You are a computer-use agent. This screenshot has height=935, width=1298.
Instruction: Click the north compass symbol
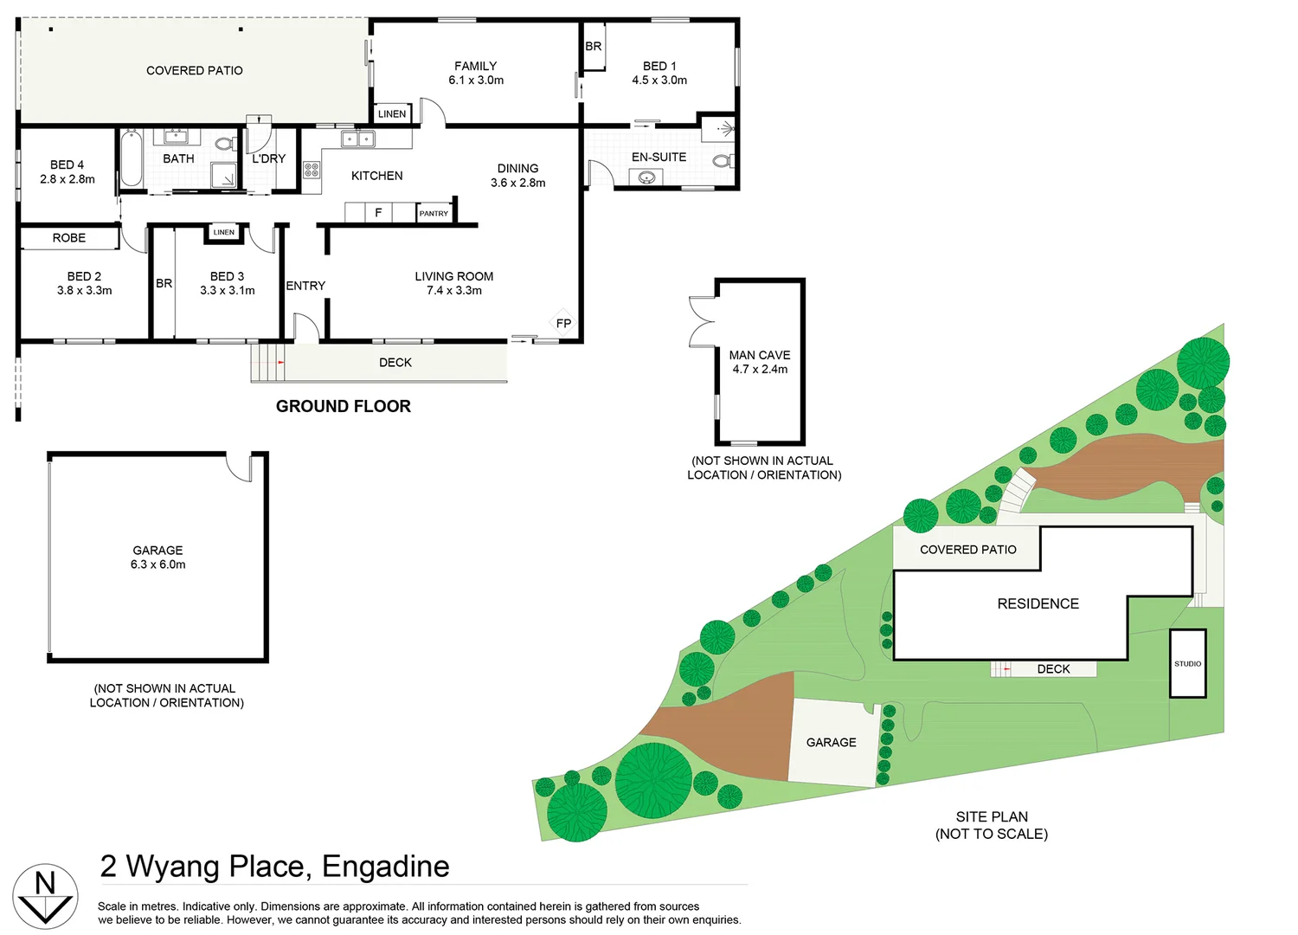tap(45, 896)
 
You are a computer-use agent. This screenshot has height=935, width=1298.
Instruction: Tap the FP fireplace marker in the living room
tap(563, 323)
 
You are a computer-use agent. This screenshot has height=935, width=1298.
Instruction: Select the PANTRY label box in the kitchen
tap(434, 213)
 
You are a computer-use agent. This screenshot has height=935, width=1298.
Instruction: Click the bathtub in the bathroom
tap(132, 158)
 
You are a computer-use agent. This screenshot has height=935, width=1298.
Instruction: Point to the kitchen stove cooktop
tap(312, 170)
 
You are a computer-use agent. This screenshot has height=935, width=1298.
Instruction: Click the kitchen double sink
tap(357, 139)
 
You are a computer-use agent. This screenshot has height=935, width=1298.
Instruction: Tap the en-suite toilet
tap(723, 160)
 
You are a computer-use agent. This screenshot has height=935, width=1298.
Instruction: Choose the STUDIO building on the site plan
tap(1187, 663)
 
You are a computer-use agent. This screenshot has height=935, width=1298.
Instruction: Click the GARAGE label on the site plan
tap(831, 743)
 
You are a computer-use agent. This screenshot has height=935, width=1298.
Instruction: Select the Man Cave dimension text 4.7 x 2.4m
tap(760, 370)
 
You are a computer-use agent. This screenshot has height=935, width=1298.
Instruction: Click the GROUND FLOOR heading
tap(343, 406)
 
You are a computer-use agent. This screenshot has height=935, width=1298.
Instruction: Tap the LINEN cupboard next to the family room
tap(392, 114)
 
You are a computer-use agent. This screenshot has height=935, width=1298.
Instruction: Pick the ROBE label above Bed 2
tap(69, 238)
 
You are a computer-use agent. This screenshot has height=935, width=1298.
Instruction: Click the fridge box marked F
tap(378, 213)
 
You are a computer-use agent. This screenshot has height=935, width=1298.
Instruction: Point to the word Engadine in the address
tap(385, 867)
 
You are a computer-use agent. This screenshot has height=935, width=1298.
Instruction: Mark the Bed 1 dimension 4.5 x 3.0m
tap(659, 81)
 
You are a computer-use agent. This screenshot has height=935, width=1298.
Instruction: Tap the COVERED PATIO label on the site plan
tap(967, 550)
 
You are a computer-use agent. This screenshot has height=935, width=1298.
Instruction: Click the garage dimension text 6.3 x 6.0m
tap(157, 564)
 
